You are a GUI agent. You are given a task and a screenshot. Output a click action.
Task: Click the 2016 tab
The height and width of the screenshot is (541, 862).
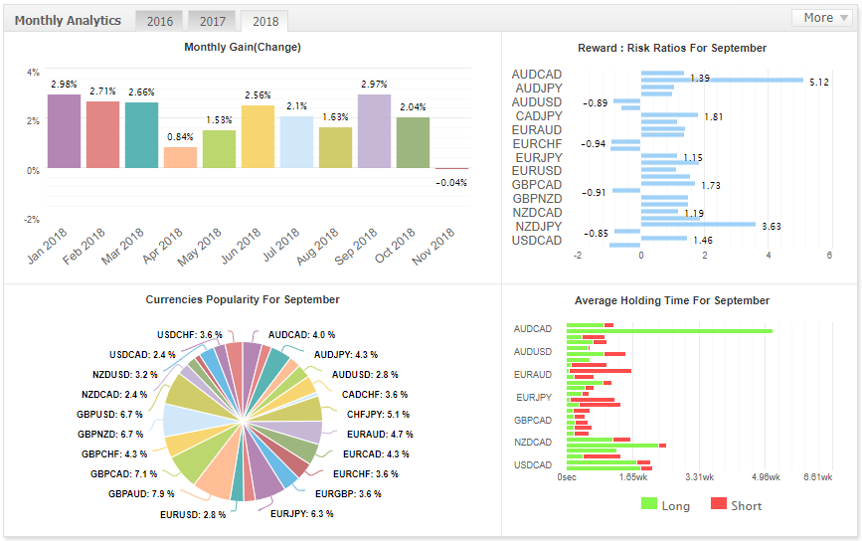(159, 21)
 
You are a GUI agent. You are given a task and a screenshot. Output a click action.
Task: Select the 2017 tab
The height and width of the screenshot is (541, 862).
(212, 21)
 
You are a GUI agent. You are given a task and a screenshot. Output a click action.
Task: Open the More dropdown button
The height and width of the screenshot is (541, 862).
(820, 18)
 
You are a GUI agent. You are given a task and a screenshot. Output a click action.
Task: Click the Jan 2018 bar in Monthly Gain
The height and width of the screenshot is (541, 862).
(64, 130)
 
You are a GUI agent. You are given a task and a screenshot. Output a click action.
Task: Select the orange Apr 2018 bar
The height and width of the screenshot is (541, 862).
(180, 157)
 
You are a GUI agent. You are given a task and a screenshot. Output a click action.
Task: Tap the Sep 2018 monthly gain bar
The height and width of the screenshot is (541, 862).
(374, 130)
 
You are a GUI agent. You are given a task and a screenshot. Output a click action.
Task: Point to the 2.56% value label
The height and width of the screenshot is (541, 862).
(258, 95)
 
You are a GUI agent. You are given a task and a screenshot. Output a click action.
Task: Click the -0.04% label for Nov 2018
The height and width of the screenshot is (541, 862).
(451, 182)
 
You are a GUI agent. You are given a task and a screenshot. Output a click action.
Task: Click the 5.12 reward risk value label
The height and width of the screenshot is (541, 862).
(819, 83)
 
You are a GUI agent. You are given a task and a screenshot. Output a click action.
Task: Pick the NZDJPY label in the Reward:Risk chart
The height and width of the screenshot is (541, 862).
(536, 227)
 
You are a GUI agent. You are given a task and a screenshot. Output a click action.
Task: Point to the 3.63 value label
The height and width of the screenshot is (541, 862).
(770, 227)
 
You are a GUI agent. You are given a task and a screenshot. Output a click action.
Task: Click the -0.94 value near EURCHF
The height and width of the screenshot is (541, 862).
(594, 144)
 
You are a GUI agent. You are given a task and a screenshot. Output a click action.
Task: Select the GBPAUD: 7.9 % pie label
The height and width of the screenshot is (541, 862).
(141, 493)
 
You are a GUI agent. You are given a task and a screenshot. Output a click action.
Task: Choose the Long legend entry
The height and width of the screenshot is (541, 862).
(665, 505)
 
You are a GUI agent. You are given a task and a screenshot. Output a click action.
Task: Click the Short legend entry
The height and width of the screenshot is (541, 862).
(736, 505)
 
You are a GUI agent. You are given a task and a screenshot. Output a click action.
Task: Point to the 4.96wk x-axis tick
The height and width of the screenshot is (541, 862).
(766, 477)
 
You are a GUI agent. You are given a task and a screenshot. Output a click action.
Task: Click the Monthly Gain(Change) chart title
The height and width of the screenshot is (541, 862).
(243, 47)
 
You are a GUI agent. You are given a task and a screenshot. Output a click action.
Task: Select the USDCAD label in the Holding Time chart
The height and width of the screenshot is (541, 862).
(533, 465)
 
